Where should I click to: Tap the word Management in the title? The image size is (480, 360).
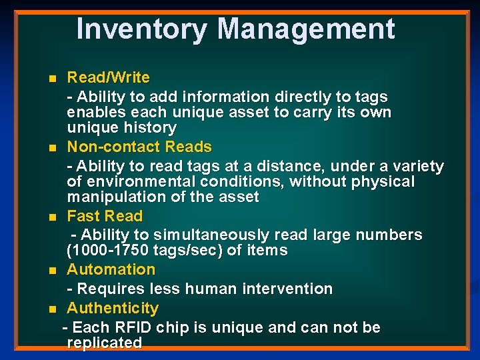click(x=306, y=29)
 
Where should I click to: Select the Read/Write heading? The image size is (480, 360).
click(x=108, y=77)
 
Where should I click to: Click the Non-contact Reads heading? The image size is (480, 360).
click(x=139, y=147)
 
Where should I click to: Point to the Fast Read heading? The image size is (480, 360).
click(x=105, y=216)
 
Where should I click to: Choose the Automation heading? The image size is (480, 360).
click(x=111, y=269)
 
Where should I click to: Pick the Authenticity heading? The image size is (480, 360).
click(x=113, y=308)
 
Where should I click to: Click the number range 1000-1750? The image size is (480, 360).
click(x=112, y=251)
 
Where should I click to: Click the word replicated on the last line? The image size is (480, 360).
click(x=105, y=343)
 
